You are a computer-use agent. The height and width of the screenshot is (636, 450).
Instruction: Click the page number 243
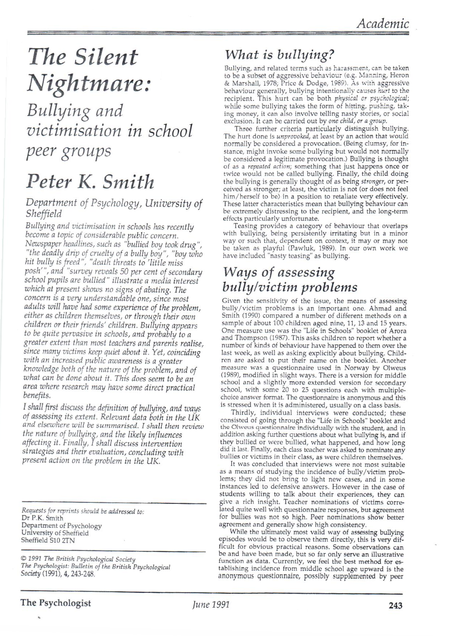pyautogui.click(x=395, y=605)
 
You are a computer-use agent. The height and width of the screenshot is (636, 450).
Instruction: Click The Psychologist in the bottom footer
pyautogui.click(x=55, y=605)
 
